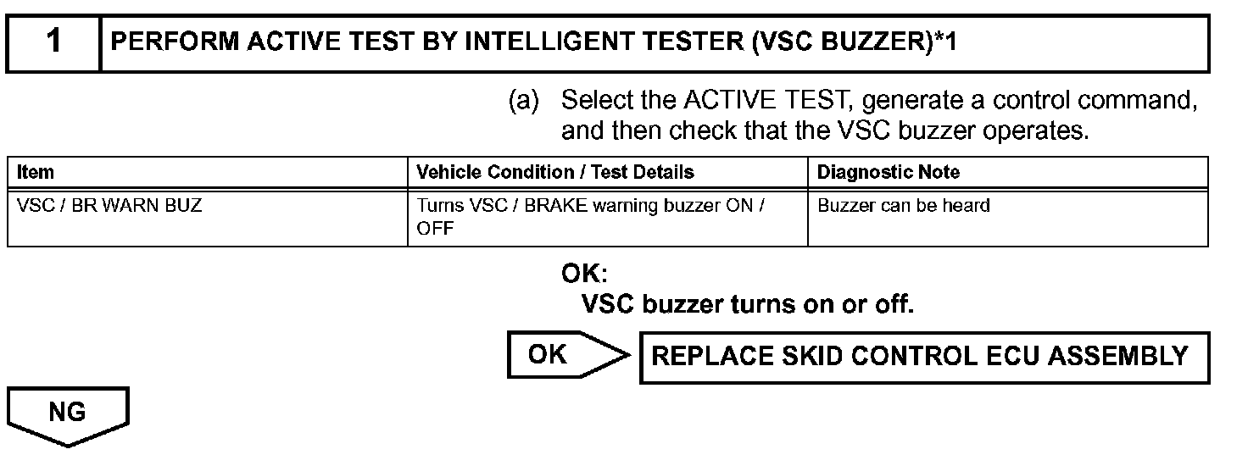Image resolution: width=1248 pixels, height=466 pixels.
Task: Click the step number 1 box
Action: pyautogui.click(x=53, y=42)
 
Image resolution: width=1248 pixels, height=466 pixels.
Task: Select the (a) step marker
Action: pyautogui.click(x=523, y=102)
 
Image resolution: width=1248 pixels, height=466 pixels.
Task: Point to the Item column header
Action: pyautogui.click(x=36, y=172)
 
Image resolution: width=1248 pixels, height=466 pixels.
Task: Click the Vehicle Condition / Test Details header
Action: pyautogui.click(x=555, y=172)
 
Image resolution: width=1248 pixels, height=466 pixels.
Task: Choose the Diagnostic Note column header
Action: pyautogui.click(x=889, y=172)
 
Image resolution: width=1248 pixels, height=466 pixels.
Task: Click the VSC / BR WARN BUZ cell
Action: pyautogui.click(x=110, y=206)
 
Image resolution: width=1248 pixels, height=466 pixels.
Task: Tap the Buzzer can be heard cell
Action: pyautogui.click(x=904, y=206)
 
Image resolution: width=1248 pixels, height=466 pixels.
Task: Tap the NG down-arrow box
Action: pyautogui.click(x=68, y=414)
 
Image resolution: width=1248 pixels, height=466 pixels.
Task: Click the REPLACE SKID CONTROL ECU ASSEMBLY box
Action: pyautogui.click(x=924, y=357)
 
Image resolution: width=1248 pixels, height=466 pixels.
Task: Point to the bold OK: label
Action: pyautogui.click(x=585, y=274)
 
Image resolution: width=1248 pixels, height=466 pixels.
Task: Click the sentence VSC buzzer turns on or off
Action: pyautogui.click(x=747, y=303)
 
